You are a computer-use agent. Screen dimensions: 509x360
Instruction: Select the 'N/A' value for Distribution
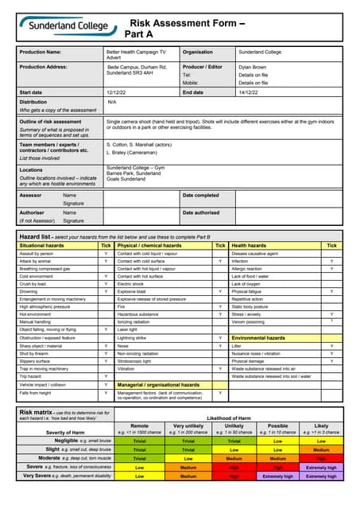pos(112,103)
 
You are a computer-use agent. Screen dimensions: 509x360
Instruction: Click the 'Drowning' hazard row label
pos(31,291)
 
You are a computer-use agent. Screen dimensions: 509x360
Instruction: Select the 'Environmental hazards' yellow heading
pos(258,337)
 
